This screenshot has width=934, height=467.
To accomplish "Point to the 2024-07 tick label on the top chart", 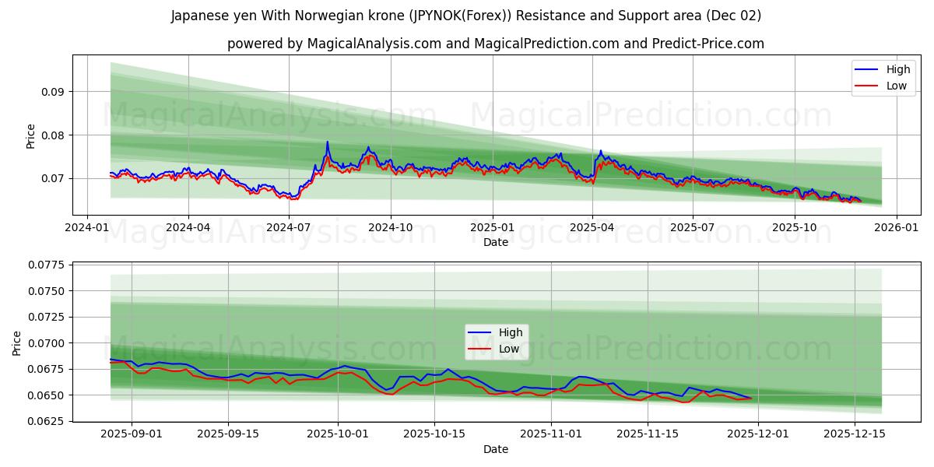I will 289,228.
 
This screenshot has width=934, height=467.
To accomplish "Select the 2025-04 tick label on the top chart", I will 592,228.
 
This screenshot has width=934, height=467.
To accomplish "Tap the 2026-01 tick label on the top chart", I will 896,228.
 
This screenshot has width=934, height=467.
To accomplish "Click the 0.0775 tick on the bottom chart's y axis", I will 47,265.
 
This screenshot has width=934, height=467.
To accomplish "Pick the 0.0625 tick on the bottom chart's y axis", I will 47,421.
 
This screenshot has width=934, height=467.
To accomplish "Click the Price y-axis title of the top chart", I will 31,135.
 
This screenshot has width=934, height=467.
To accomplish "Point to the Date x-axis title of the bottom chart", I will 496,449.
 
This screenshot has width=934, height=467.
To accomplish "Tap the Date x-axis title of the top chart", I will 496,242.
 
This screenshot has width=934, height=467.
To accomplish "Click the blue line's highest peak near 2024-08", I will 327,142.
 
